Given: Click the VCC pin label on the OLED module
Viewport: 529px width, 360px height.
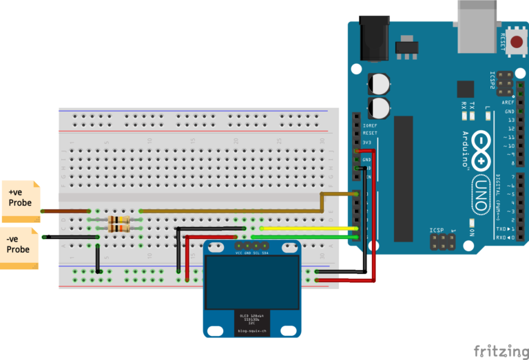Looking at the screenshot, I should pos(239,253).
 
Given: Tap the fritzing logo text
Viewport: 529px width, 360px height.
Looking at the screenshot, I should pos(497,350).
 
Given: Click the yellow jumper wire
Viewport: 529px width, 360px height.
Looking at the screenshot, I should pos(310,228).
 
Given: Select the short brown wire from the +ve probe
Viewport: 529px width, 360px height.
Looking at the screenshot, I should pos(65,211).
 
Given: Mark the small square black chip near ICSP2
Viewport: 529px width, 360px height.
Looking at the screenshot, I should pos(466,89).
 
